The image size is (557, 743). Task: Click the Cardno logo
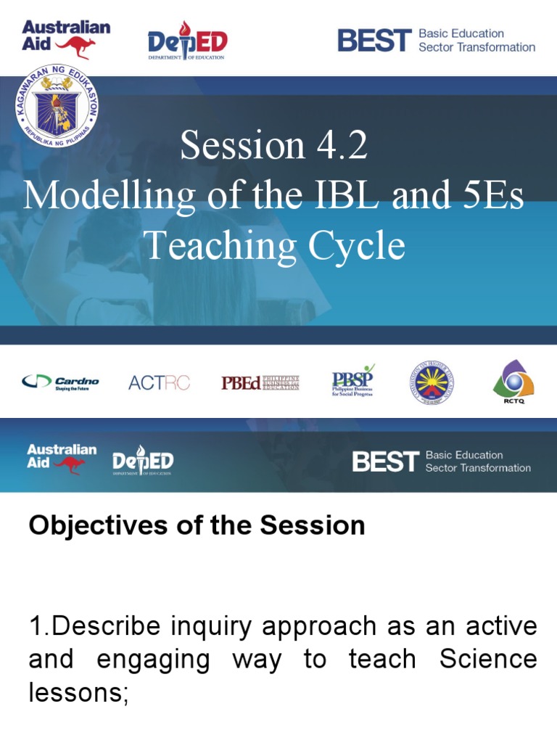(60, 382)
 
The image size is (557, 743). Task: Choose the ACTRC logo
(159, 382)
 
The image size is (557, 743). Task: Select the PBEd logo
(260, 382)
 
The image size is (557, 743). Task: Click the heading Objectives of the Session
(197, 525)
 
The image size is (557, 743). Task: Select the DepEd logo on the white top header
(187, 41)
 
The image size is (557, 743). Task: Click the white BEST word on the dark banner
(385, 461)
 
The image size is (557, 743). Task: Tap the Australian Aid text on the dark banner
(62, 456)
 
